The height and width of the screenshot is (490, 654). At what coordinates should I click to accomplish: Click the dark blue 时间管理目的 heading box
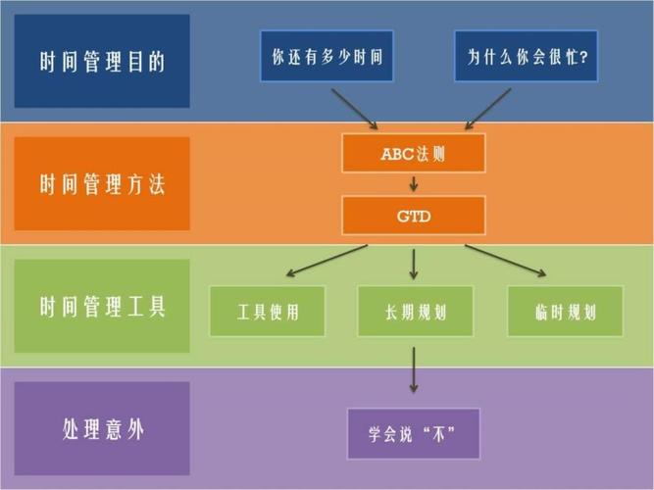(102, 61)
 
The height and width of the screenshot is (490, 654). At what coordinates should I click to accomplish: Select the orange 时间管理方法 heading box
(102, 183)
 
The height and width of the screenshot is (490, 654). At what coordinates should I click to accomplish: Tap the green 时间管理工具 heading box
(102, 306)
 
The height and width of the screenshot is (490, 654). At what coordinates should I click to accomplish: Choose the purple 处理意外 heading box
(102, 428)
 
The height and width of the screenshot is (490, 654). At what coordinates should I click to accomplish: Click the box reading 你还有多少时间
(327, 56)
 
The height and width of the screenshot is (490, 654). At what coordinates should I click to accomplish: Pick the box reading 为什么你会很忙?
(526, 56)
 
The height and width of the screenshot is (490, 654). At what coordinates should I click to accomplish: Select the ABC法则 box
(414, 153)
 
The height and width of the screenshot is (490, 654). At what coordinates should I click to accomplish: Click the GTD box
(414, 216)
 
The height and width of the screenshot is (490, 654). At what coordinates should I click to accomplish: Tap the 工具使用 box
(268, 311)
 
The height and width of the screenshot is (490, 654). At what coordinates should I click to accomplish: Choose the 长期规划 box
(416, 311)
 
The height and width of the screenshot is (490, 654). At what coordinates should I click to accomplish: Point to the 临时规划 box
(565, 311)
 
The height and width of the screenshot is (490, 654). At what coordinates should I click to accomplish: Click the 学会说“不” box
(414, 433)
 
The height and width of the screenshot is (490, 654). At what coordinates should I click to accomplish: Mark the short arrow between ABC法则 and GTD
(414, 184)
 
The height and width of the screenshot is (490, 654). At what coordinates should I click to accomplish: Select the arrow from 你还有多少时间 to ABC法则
(355, 109)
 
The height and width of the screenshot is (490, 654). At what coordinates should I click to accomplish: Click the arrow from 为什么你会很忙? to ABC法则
(488, 109)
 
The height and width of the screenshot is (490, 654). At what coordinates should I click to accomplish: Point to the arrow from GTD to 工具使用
(327, 261)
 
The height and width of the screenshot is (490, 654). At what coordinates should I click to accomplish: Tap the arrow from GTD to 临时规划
(506, 261)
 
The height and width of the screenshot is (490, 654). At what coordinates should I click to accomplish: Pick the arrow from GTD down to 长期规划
(414, 265)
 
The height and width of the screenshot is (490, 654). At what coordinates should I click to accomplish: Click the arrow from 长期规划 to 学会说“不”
(414, 369)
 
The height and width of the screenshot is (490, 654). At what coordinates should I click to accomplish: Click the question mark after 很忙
(583, 57)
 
